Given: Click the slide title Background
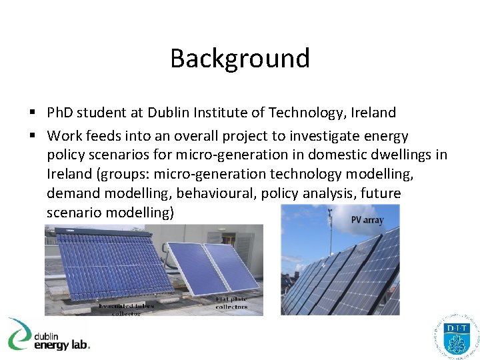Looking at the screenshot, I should (240, 58).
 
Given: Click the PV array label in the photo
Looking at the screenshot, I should (367, 219).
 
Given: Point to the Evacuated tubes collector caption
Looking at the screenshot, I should (127, 309).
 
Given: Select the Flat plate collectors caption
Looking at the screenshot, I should (231, 303).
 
